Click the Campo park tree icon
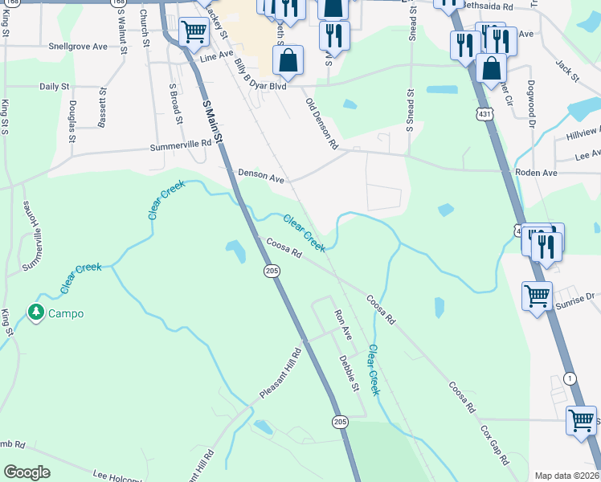(x=36, y=312)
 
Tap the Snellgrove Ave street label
(x=78, y=47)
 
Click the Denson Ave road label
(x=261, y=176)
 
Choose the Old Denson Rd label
(x=321, y=124)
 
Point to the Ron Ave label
(x=343, y=324)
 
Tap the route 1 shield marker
(x=570, y=378)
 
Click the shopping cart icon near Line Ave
(x=194, y=32)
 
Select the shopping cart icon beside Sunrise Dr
(x=536, y=295)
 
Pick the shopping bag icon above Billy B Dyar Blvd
(x=288, y=59)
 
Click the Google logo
(x=27, y=472)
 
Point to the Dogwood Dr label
(x=531, y=104)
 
